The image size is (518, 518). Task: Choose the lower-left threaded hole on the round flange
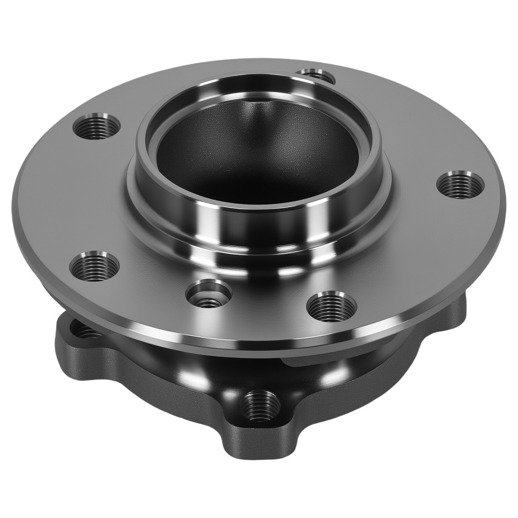coord(94,266)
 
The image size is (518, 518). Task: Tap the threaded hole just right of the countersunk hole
coord(332,306)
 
